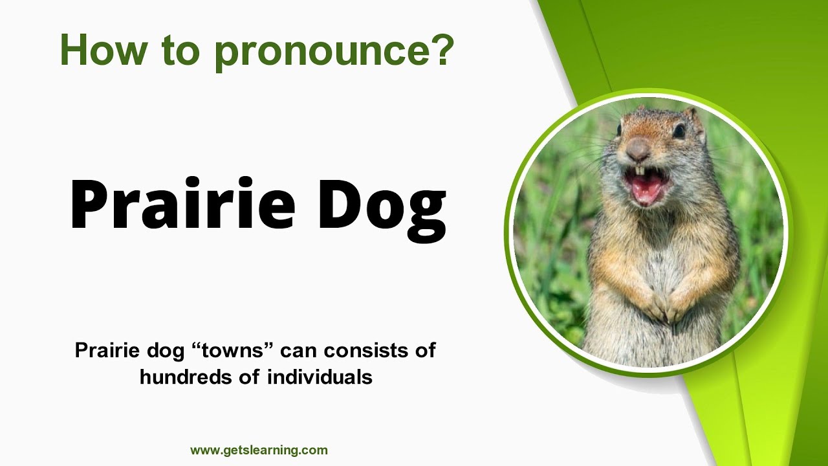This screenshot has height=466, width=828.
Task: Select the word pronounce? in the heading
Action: click(x=334, y=52)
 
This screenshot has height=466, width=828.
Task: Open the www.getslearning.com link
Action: click(x=259, y=450)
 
